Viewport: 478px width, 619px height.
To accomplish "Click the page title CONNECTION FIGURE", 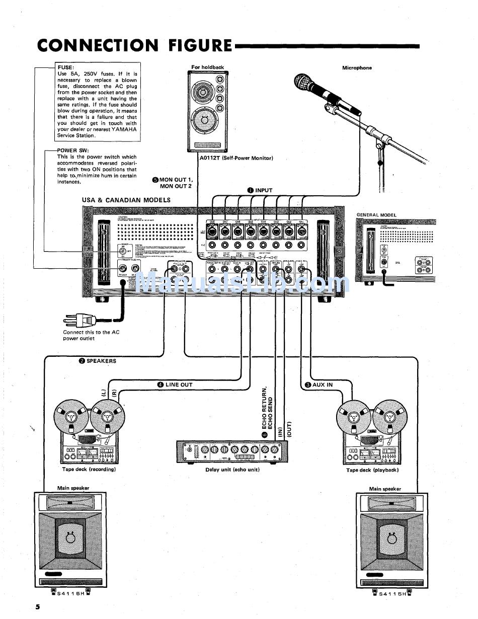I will (135, 45).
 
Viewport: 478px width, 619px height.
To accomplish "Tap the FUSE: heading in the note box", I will (66, 67).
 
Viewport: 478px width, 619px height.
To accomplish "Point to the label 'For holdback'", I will (207, 67).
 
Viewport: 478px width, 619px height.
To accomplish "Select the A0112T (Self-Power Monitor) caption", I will (233, 158).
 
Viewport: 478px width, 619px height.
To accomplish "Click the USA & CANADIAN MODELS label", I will (126, 200).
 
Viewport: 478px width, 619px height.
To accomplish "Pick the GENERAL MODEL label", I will (376, 215).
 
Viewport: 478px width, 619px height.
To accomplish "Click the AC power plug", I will (81, 319).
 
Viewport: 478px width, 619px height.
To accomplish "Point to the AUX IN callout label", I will (323, 384).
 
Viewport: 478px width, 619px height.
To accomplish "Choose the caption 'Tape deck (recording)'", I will (89, 469).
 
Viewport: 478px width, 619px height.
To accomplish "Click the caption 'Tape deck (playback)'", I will (372, 470).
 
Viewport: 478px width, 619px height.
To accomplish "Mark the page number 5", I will (38, 606).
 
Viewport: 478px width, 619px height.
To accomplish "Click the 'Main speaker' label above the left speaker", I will (73, 488).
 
